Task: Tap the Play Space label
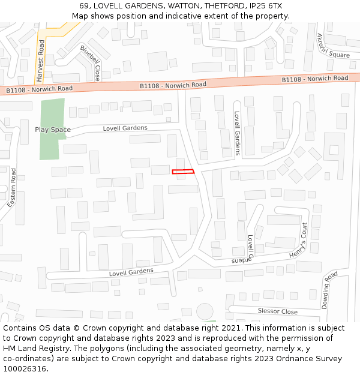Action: tap(53, 130)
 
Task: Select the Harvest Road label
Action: tap(41, 61)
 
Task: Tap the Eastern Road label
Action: tap(11, 188)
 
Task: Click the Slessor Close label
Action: tap(277, 311)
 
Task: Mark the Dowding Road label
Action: tap(329, 290)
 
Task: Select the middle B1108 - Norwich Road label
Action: tap(173, 85)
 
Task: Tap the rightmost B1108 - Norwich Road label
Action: tap(315, 79)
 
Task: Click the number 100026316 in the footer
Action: tap(25, 368)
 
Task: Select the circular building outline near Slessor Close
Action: tap(205, 311)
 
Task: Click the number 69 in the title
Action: tap(83, 5)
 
